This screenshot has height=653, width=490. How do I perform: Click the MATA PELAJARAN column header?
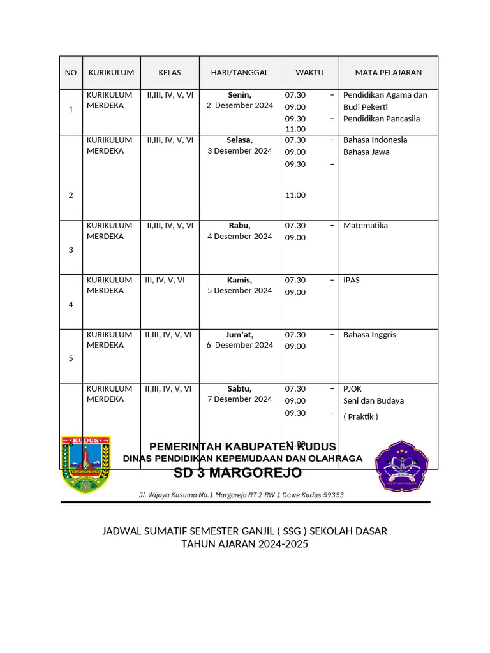[388, 73]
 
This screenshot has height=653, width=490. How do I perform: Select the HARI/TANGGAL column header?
[239, 73]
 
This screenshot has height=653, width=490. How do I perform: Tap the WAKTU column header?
[309, 73]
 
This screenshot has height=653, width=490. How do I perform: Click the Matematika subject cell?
[365, 226]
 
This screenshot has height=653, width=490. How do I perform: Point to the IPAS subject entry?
[352, 280]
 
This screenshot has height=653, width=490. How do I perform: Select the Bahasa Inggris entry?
[369, 335]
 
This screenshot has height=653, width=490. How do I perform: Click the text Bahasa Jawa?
[366, 152]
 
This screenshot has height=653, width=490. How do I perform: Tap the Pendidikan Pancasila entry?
[382, 119]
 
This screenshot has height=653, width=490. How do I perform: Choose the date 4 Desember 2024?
[239, 237]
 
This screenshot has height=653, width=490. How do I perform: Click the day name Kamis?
[239, 280]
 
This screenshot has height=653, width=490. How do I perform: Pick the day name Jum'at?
[239, 335]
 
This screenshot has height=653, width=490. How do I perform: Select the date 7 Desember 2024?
[239, 399]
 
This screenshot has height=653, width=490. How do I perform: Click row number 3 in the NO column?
[70, 250]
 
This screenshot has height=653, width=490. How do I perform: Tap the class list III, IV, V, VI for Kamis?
[165, 280]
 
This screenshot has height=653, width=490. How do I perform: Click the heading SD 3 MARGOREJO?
[238, 473]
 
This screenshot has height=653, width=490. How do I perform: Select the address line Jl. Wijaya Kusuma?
[242, 495]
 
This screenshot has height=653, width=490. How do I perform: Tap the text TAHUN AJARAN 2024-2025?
[244, 545]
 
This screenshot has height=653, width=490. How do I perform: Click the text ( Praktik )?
[360, 417]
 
